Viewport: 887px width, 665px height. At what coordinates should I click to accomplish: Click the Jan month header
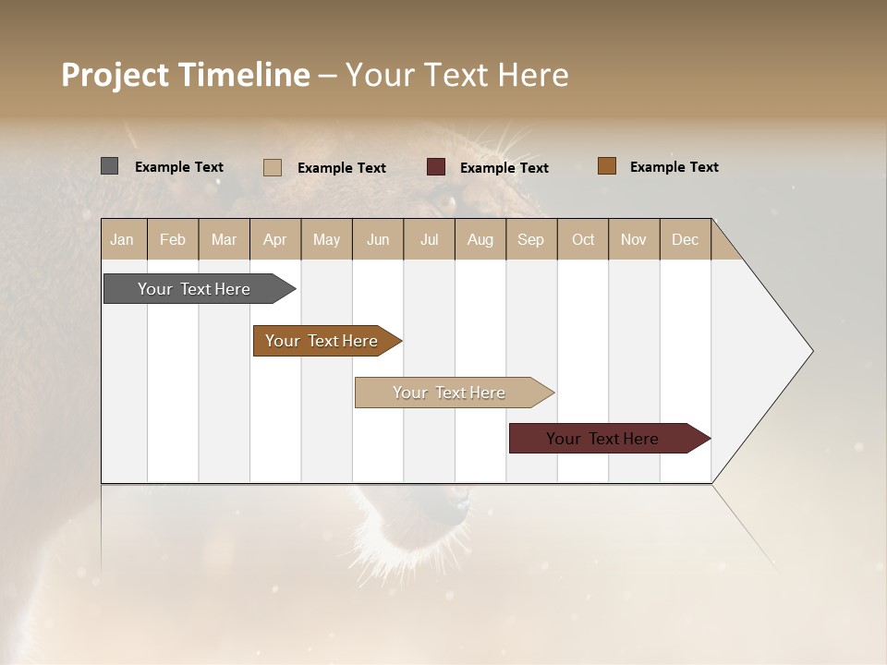pyautogui.click(x=122, y=239)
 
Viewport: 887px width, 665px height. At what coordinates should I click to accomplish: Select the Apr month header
pyautogui.click(x=275, y=239)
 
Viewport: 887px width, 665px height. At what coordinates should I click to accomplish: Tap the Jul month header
pyautogui.click(x=429, y=239)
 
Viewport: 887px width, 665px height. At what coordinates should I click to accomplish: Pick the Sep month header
pyautogui.click(x=530, y=239)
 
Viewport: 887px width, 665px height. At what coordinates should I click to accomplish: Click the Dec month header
pyautogui.click(x=685, y=239)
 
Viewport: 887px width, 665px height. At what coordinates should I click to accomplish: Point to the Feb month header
pyautogui.click(x=173, y=239)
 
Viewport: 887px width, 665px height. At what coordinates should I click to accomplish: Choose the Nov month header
pyautogui.click(x=634, y=239)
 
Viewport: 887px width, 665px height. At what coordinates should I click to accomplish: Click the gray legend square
pyautogui.click(x=110, y=166)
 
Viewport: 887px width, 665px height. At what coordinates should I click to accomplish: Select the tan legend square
pyautogui.click(x=273, y=167)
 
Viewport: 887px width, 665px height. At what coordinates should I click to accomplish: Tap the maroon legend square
pyautogui.click(x=436, y=167)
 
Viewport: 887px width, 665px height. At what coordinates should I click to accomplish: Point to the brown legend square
pyautogui.click(x=607, y=166)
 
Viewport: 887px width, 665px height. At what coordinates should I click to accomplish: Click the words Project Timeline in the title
pyautogui.click(x=186, y=75)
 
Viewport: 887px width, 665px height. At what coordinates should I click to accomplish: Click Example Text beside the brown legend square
pyautogui.click(x=674, y=167)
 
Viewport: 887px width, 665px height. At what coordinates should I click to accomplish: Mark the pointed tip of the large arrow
pyautogui.click(x=811, y=351)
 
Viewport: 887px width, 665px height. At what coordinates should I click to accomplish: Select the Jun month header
pyautogui.click(x=378, y=239)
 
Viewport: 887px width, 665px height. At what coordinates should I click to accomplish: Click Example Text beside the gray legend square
pyautogui.click(x=178, y=167)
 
